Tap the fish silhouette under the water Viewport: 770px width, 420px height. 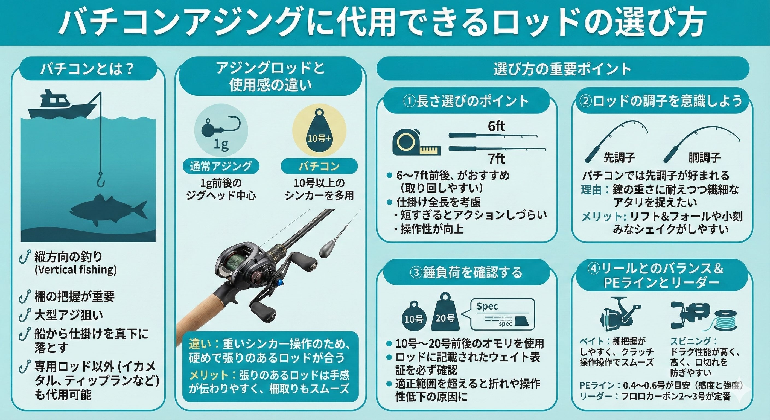click(109, 209)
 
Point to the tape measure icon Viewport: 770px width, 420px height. click(414, 144)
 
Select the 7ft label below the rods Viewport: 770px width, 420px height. click(497, 158)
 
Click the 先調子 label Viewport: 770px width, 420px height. click(619, 157)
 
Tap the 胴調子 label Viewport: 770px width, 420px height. click(705, 157)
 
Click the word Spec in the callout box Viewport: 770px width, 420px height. click(487, 307)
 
